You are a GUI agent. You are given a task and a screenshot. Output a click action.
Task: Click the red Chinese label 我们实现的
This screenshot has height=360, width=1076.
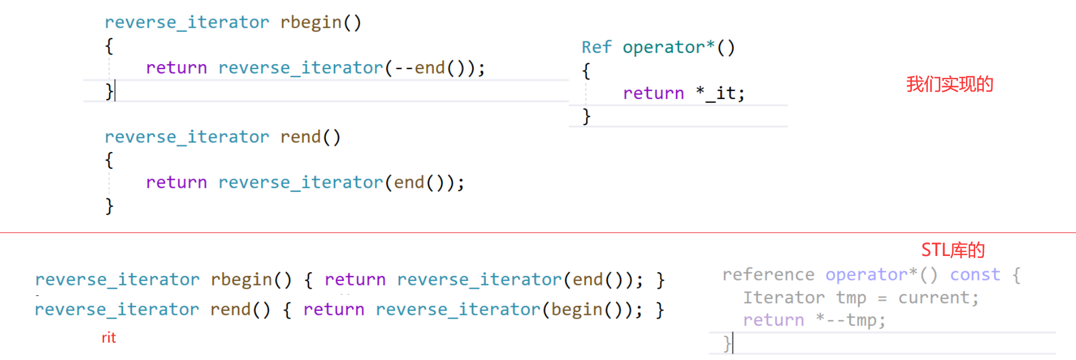tap(950, 84)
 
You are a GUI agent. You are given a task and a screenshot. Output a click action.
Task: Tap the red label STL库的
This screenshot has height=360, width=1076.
tap(953, 250)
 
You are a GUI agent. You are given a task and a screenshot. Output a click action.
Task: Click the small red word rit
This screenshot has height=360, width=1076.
tap(108, 338)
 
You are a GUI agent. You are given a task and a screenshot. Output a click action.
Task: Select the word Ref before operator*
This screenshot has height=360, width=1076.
tap(597, 47)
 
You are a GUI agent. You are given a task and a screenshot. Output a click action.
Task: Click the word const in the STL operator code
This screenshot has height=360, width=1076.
tap(975, 274)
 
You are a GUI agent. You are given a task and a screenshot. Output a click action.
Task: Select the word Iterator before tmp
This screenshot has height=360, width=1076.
tap(783, 298)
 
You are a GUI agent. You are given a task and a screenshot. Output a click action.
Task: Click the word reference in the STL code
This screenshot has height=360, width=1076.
tap(768, 274)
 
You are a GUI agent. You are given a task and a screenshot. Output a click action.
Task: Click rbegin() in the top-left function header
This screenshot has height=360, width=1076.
tap(320, 22)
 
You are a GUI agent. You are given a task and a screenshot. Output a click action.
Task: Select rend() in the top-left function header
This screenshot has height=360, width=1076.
tap(310, 137)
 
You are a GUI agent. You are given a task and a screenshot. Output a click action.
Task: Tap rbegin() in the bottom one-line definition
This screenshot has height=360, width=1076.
tap(251, 279)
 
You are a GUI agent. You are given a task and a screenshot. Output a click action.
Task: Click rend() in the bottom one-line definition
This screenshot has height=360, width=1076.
tap(240, 309)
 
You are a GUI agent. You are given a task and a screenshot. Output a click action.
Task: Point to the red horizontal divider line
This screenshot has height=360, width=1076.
tap(538, 233)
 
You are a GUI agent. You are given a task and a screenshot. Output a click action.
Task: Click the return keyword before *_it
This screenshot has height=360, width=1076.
tap(653, 93)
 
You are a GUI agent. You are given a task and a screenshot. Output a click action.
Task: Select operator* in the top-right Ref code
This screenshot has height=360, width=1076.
tap(668, 47)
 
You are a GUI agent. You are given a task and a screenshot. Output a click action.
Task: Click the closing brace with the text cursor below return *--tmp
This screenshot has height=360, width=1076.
tap(727, 344)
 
